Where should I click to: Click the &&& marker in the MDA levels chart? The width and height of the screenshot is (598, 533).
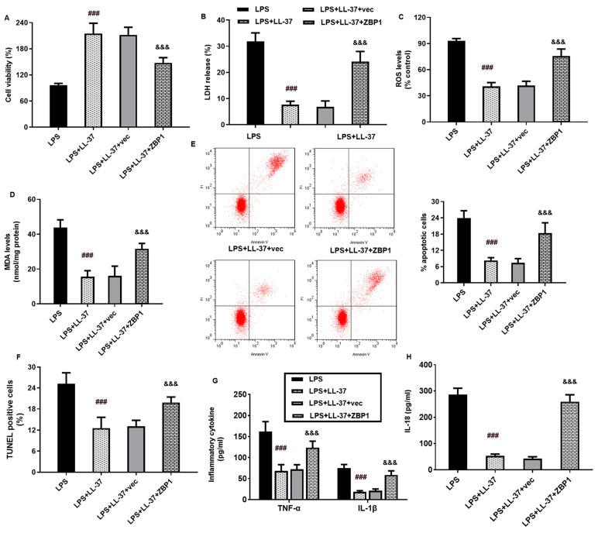click(x=141, y=232)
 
